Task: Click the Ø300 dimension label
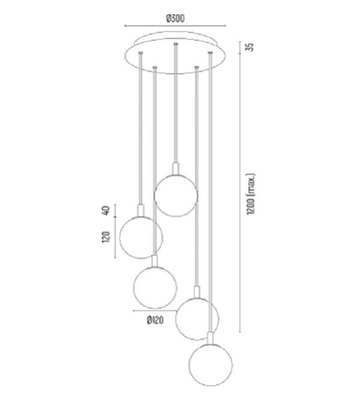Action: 175,19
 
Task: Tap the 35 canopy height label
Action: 250,47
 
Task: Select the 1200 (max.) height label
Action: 251,194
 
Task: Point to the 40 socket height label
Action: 106,211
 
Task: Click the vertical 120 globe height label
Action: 106,237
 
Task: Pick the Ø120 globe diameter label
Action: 155,320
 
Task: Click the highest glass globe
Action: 175,196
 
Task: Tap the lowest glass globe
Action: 211,364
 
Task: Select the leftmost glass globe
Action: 141,237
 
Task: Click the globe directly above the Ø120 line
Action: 155,287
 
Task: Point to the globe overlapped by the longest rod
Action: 197,319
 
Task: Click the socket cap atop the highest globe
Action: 175,169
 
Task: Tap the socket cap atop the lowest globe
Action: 211,338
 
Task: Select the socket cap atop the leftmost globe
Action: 141,211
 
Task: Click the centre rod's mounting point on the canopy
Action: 175,44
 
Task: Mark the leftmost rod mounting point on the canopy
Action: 140,53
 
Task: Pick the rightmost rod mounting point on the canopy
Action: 210,53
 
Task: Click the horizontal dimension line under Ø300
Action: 175,26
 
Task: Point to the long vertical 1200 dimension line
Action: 240,187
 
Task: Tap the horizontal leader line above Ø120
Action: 155,311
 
